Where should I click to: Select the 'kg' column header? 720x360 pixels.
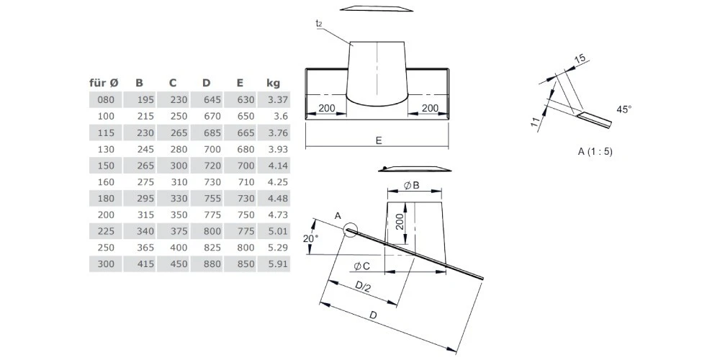[x=273, y=83]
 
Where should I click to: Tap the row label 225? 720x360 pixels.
[x=106, y=232]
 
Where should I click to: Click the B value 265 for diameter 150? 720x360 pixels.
[x=144, y=166]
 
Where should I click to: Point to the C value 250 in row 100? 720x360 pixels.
[x=178, y=116]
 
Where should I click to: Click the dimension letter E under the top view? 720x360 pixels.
[x=378, y=141]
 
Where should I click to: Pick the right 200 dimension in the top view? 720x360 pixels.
[x=430, y=108]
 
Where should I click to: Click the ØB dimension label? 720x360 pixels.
[x=412, y=185]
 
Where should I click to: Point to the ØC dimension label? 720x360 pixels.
[x=362, y=266]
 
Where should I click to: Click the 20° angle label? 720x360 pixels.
[x=309, y=239]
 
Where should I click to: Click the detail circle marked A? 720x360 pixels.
[x=351, y=230]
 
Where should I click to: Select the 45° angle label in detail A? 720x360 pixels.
[x=624, y=109]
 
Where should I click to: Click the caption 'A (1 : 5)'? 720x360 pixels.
[x=595, y=151]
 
